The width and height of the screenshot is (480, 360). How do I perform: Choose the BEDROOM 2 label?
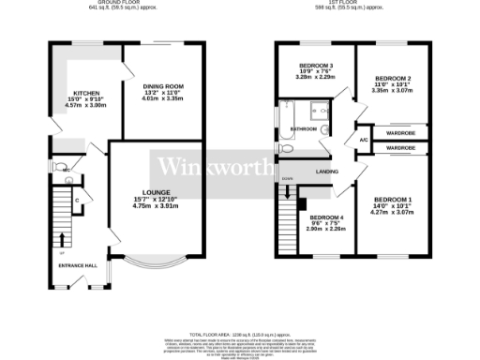click(x=393, y=79)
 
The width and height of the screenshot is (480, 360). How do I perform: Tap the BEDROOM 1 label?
click(x=392, y=200)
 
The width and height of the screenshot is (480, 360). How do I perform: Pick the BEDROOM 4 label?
click(x=327, y=218)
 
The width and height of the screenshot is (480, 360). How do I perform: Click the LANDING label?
click(x=327, y=172)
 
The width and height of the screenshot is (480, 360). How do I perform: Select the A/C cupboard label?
click(x=362, y=140)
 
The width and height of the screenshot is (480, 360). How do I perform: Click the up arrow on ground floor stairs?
click(x=63, y=239)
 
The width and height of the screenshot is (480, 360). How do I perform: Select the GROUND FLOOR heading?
click(x=106, y=4)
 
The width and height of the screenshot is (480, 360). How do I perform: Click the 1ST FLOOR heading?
click(x=346, y=4)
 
